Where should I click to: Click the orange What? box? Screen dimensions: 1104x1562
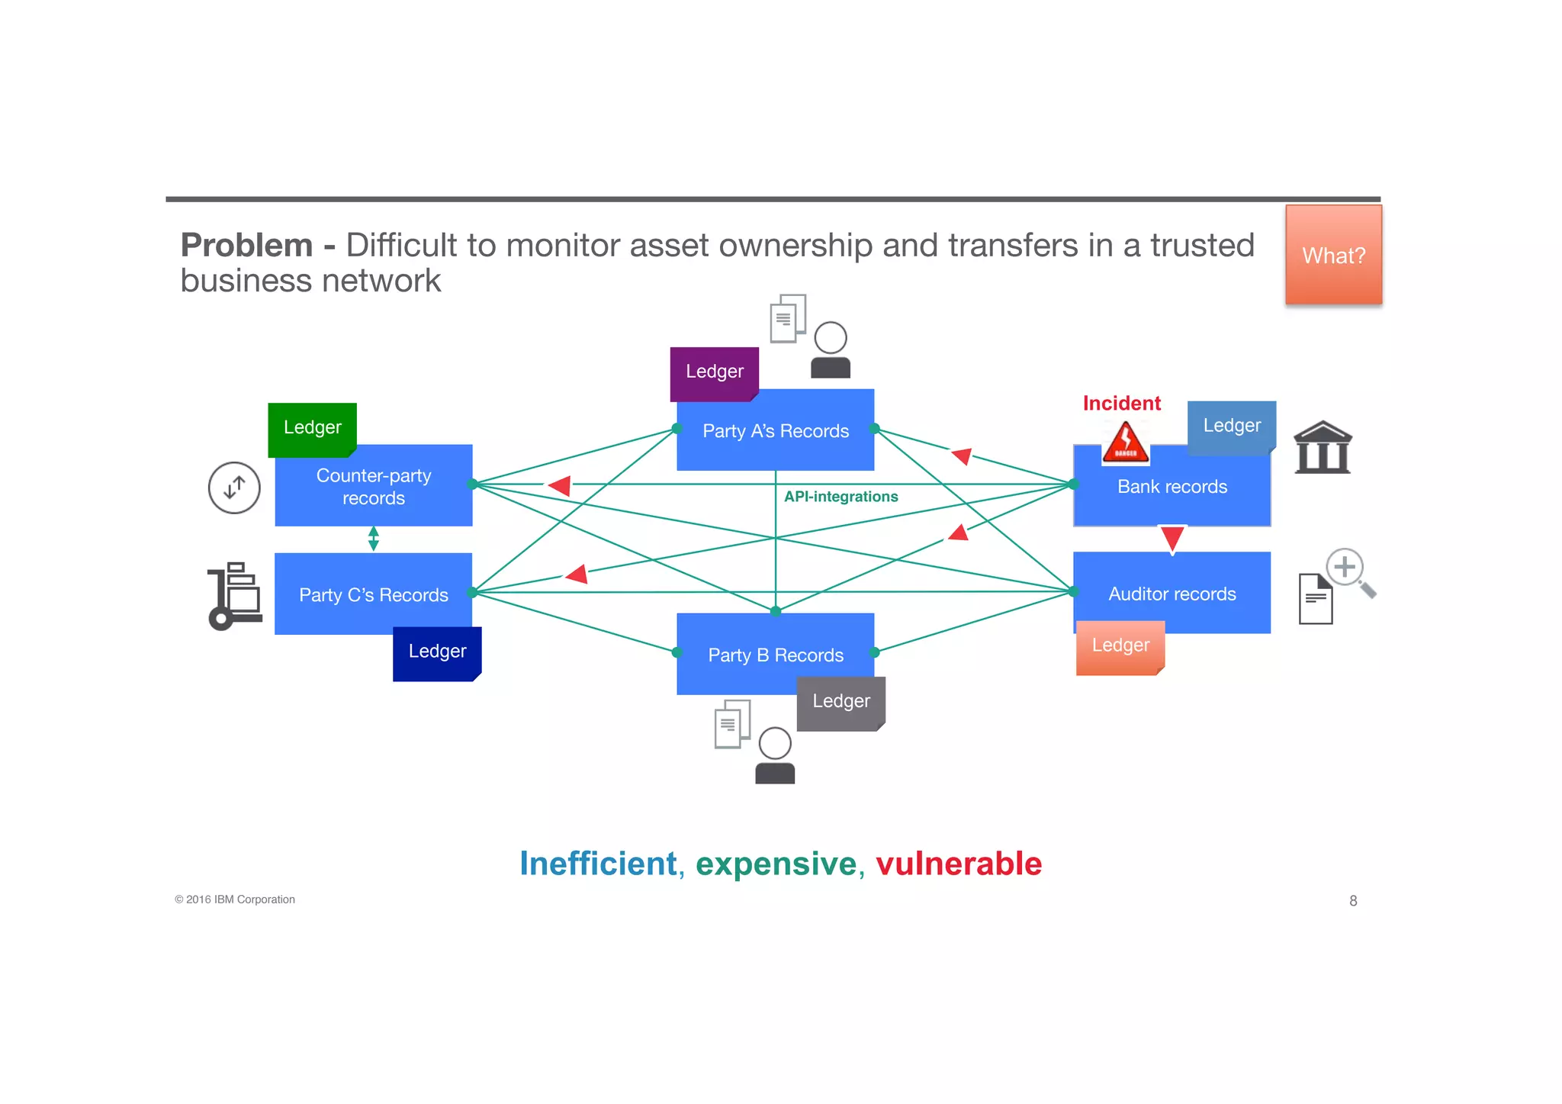[x=1333, y=255]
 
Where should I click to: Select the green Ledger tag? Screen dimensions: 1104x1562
[x=312, y=428]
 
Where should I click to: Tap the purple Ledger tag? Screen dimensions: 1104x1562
[x=714, y=372]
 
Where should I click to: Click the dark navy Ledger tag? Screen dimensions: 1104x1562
[x=437, y=652]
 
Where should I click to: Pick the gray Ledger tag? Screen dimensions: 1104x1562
[x=840, y=702]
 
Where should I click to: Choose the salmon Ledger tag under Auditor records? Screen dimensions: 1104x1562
[x=1120, y=647]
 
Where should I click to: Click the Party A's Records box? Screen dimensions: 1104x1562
[x=775, y=431]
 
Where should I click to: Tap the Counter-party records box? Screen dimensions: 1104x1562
[x=373, y=487]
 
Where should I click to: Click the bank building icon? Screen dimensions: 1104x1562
[x=1323, y=448]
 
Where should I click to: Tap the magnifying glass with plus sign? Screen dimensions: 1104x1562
[x=1348, y=571]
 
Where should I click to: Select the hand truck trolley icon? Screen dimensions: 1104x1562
[x=234, y=596]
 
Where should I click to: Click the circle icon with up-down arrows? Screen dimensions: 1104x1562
[x=234, y=488]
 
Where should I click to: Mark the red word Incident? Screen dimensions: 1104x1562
[x=1121, y=404]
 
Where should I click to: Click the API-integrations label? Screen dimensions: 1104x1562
[x=840, y=497]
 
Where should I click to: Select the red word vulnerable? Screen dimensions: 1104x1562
[x=958, y=864]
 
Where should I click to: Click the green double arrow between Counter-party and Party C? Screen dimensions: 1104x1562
[x=373, y=539]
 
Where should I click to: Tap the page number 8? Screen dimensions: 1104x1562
[x=1353, y=901]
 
